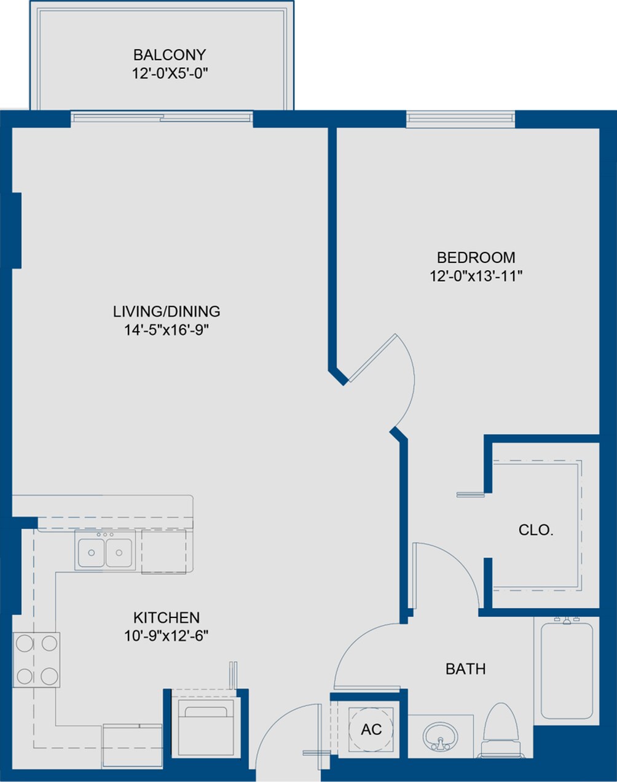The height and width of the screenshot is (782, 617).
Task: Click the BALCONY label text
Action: click(x=169, y=55)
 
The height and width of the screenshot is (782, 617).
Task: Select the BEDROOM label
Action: click(x=476, y=257)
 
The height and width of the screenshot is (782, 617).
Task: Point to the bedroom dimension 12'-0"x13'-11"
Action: click(x=476, y=276)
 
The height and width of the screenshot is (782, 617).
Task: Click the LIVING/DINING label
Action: click(x=167, y=311)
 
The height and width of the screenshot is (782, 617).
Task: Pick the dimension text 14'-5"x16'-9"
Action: click(x=167, y=330)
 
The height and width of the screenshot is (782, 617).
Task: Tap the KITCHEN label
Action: click(x=167, y=617)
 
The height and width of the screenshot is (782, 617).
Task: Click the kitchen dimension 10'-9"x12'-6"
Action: click(x=167, y=636)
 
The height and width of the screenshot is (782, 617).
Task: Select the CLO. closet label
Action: click(x=536, y=530)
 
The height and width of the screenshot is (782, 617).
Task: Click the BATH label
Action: click(x=465, y=668)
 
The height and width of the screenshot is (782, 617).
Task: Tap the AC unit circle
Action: click(x=371, y=729)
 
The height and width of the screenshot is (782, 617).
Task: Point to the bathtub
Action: click(x=566, y=670)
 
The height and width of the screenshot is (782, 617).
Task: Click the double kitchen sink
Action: click(x=106, y=551)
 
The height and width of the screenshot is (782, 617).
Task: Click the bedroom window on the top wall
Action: click(x=460, y=119)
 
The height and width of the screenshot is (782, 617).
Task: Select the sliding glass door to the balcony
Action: click(x=161, y=117)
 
